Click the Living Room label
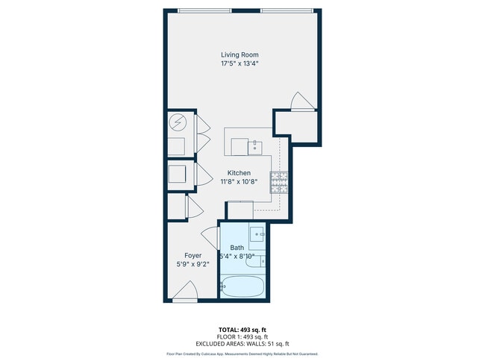pyautogui.click(x=240, y=54)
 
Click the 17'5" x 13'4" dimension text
pyautogui.click(x=240, y=64)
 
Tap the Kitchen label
pyautogui.click(x=239, y=173)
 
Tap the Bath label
pyautogui.click(x=237, y=248)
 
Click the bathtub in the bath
pyautogui.click(x=241, y=286)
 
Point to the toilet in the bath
pyautogui.click(x=257, y=261)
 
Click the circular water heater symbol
pyautogui.click(x=177, y=122)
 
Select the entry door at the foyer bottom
pyautogui.click(x=187, y=292)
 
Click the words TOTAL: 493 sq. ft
pyautogui.click(x=242, y=329)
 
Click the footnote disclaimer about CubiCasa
pyautogui.click(x=242, y=354)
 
